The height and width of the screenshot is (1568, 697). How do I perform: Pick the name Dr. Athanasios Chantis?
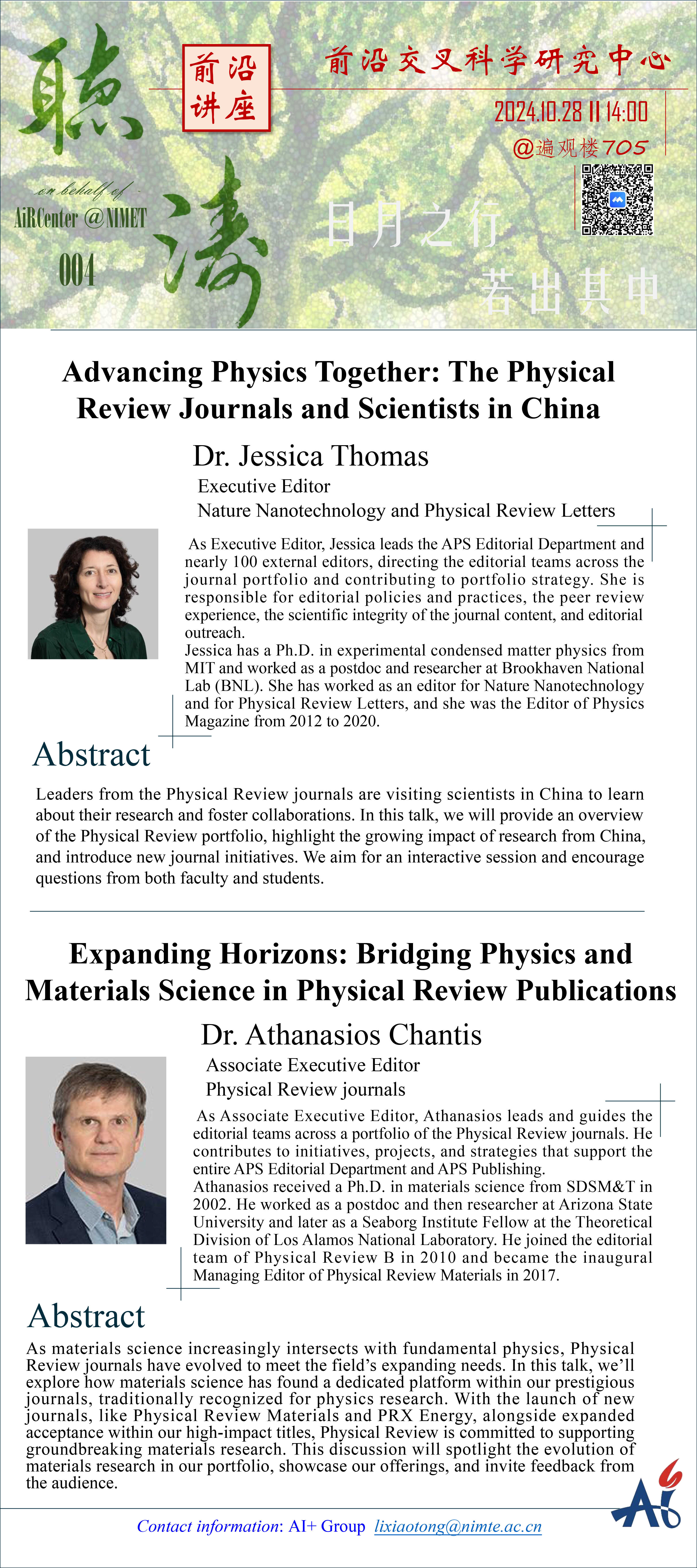pyautogui.click(x=342, y=1035)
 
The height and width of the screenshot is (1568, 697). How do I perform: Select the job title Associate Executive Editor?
pyautogui.click(x=313, y=1065)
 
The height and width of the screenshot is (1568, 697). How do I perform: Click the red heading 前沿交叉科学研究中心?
pyautogui.click(x=498, y=62)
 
